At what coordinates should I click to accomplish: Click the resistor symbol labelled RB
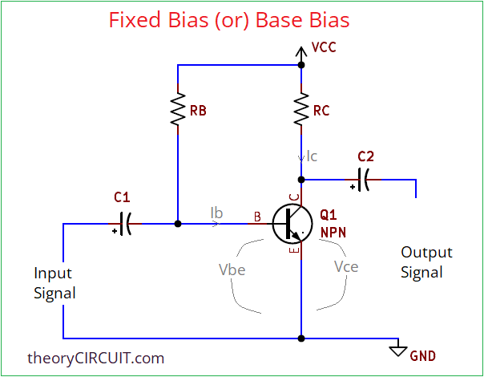[x=176, y=111]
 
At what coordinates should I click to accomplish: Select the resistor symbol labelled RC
[x=301, y=110]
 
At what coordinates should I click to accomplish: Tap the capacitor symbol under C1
[x=123, y=223]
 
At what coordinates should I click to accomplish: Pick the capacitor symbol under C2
[x=364, y=180]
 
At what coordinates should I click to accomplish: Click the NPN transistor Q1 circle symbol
[x=291, y=224]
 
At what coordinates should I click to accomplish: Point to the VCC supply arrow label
[x=323, y=47]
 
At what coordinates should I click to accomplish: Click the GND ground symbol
[x=397, y=349]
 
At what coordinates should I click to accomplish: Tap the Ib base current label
[x=216, y=213]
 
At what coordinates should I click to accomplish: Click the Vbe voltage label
[x=232, y=270]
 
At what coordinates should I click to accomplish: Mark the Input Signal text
[x=54, y=282]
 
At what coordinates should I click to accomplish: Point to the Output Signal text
[x=426, y=262]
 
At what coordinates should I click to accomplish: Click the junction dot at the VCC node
[x=301, y=64]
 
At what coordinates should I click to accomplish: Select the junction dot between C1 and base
[x=176, y=224]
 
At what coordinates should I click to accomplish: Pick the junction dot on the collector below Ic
[x=301, y=180]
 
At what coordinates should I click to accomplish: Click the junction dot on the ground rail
[x=301, y=338]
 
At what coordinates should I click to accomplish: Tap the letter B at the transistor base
[x=257, y=216]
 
